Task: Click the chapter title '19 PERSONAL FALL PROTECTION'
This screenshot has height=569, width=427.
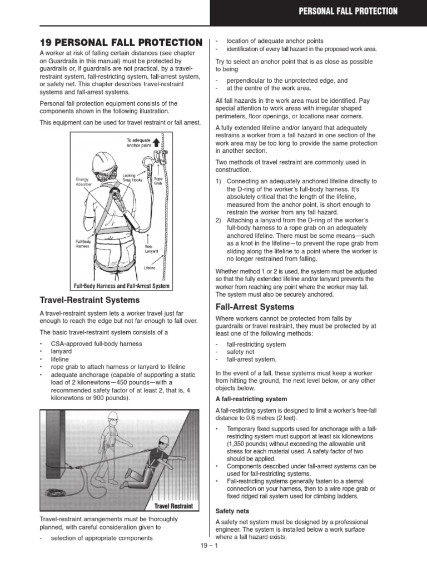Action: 121,43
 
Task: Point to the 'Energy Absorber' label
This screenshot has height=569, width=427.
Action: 85,182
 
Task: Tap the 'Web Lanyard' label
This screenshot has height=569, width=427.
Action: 151,248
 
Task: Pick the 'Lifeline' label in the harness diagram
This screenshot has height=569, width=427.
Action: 150,268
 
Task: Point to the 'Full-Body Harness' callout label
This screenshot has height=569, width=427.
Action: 84,244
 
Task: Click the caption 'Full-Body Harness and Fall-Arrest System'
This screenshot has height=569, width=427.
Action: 122,286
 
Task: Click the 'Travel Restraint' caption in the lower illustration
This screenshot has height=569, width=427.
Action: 174,506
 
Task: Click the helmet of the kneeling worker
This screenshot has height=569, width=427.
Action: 163,440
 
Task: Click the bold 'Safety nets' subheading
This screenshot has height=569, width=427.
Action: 232,510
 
